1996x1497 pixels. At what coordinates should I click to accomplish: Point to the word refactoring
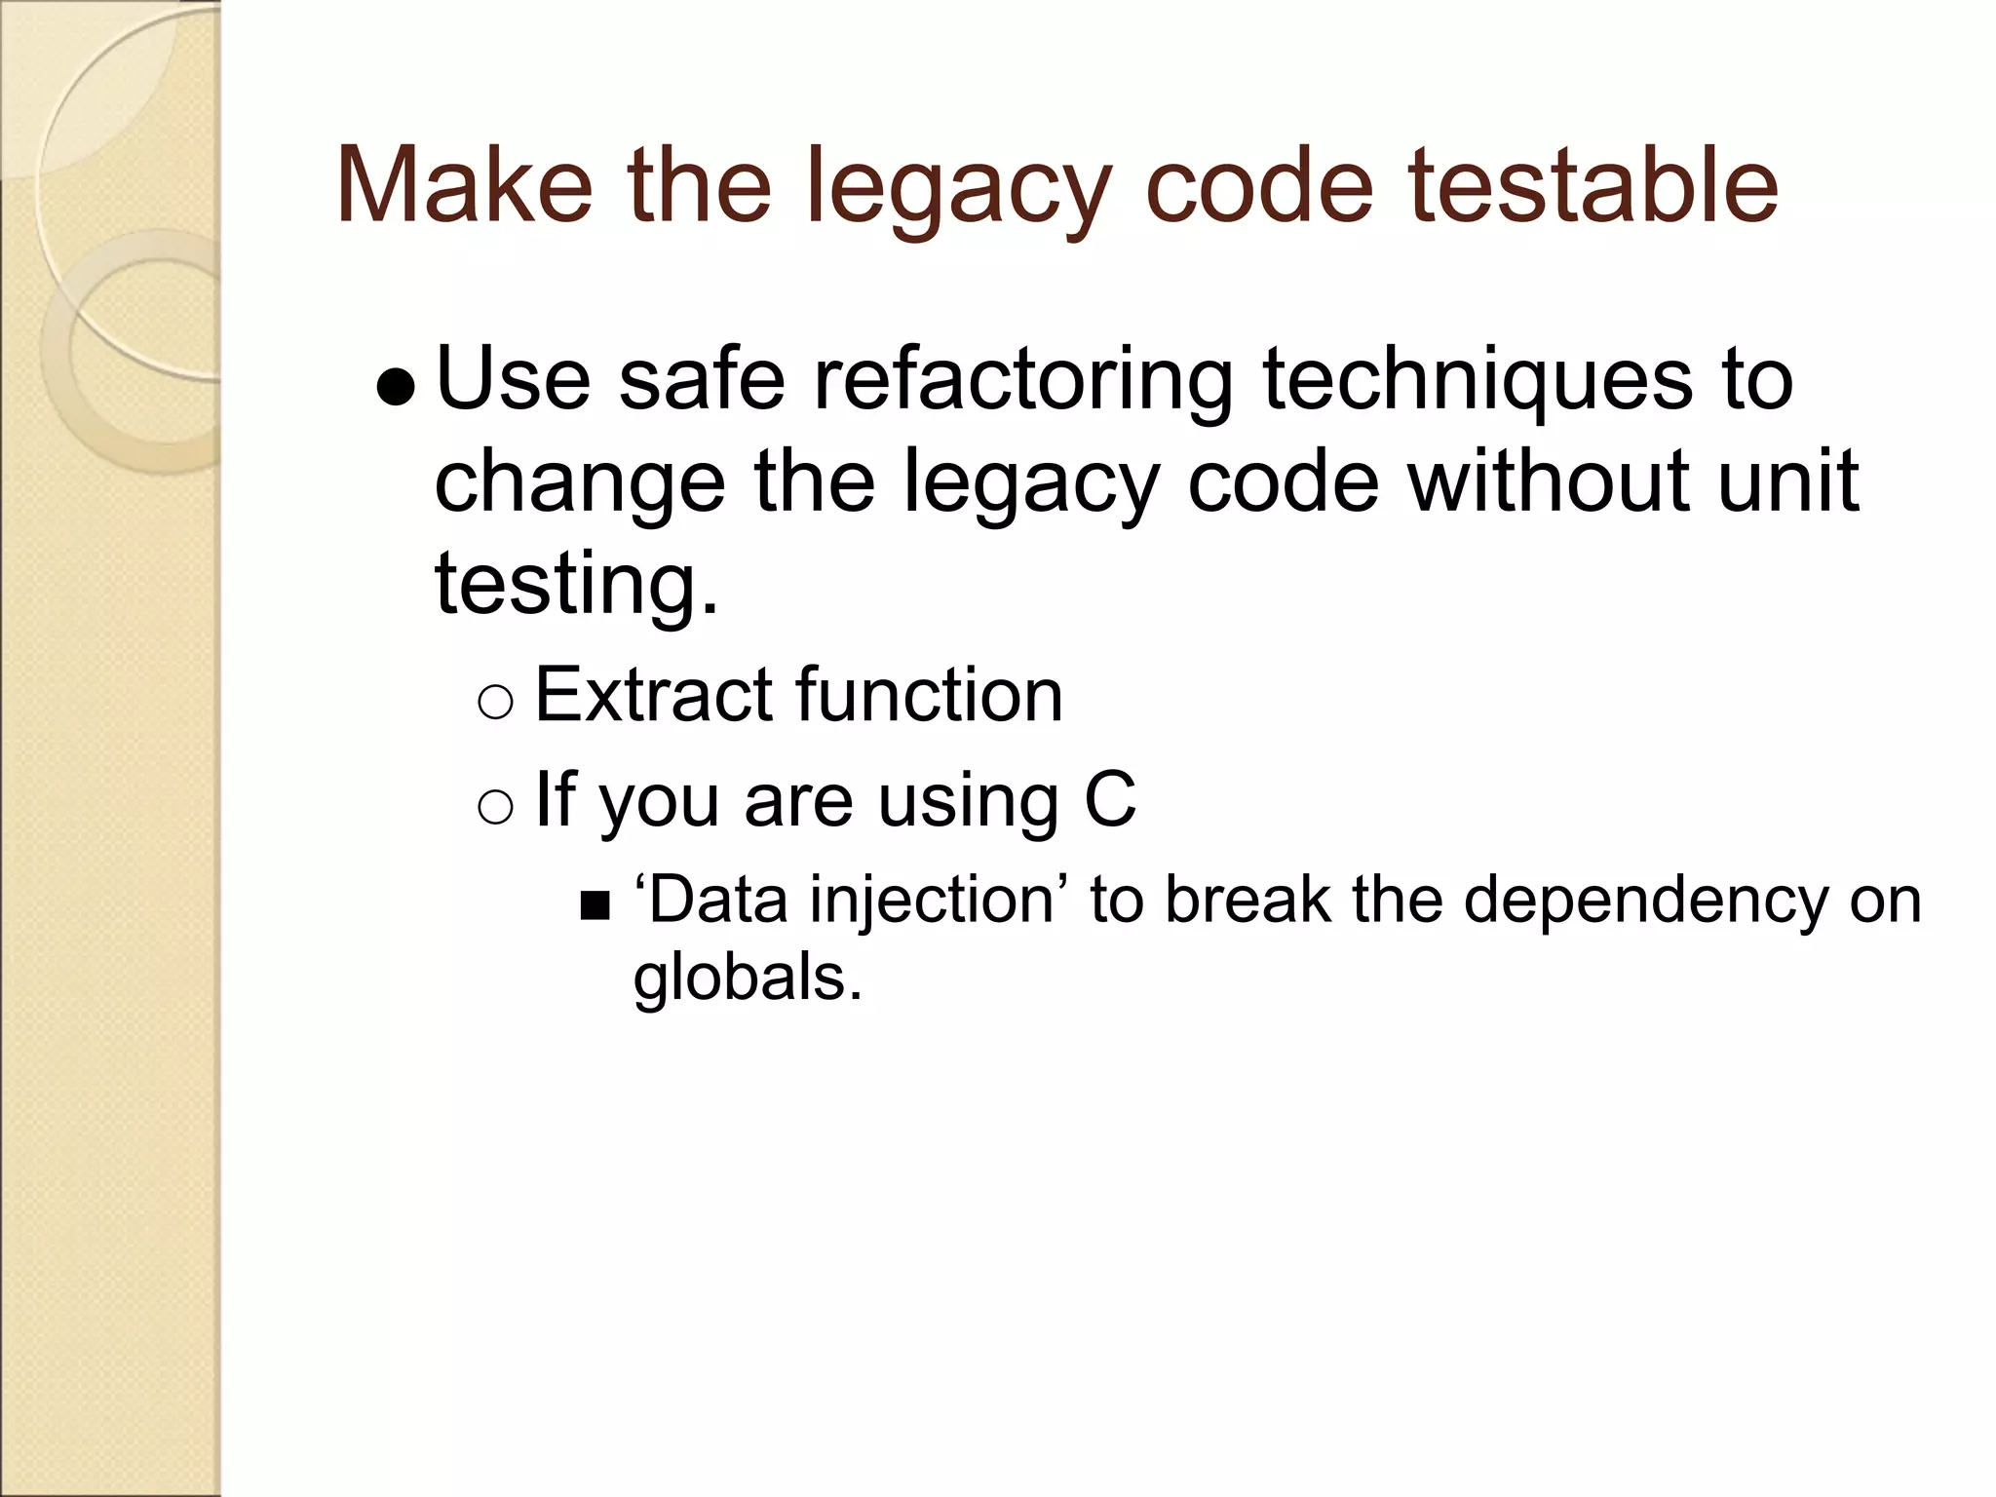click(x=1023, y=381)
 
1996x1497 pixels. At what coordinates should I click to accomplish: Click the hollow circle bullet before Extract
click(x=496, y=701)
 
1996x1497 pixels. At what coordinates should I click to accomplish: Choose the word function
click(x=930, y=695)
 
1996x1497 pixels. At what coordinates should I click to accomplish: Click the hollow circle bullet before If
click(x=496, y=806)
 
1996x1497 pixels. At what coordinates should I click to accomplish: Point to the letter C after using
click(x=1110, y=800)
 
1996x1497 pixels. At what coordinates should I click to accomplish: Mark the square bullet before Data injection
click(x=594, y=906)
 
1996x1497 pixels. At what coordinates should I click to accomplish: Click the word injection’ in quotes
click(x=940, y=901)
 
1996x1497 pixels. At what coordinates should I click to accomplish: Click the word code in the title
click(x=1259, y=185)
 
